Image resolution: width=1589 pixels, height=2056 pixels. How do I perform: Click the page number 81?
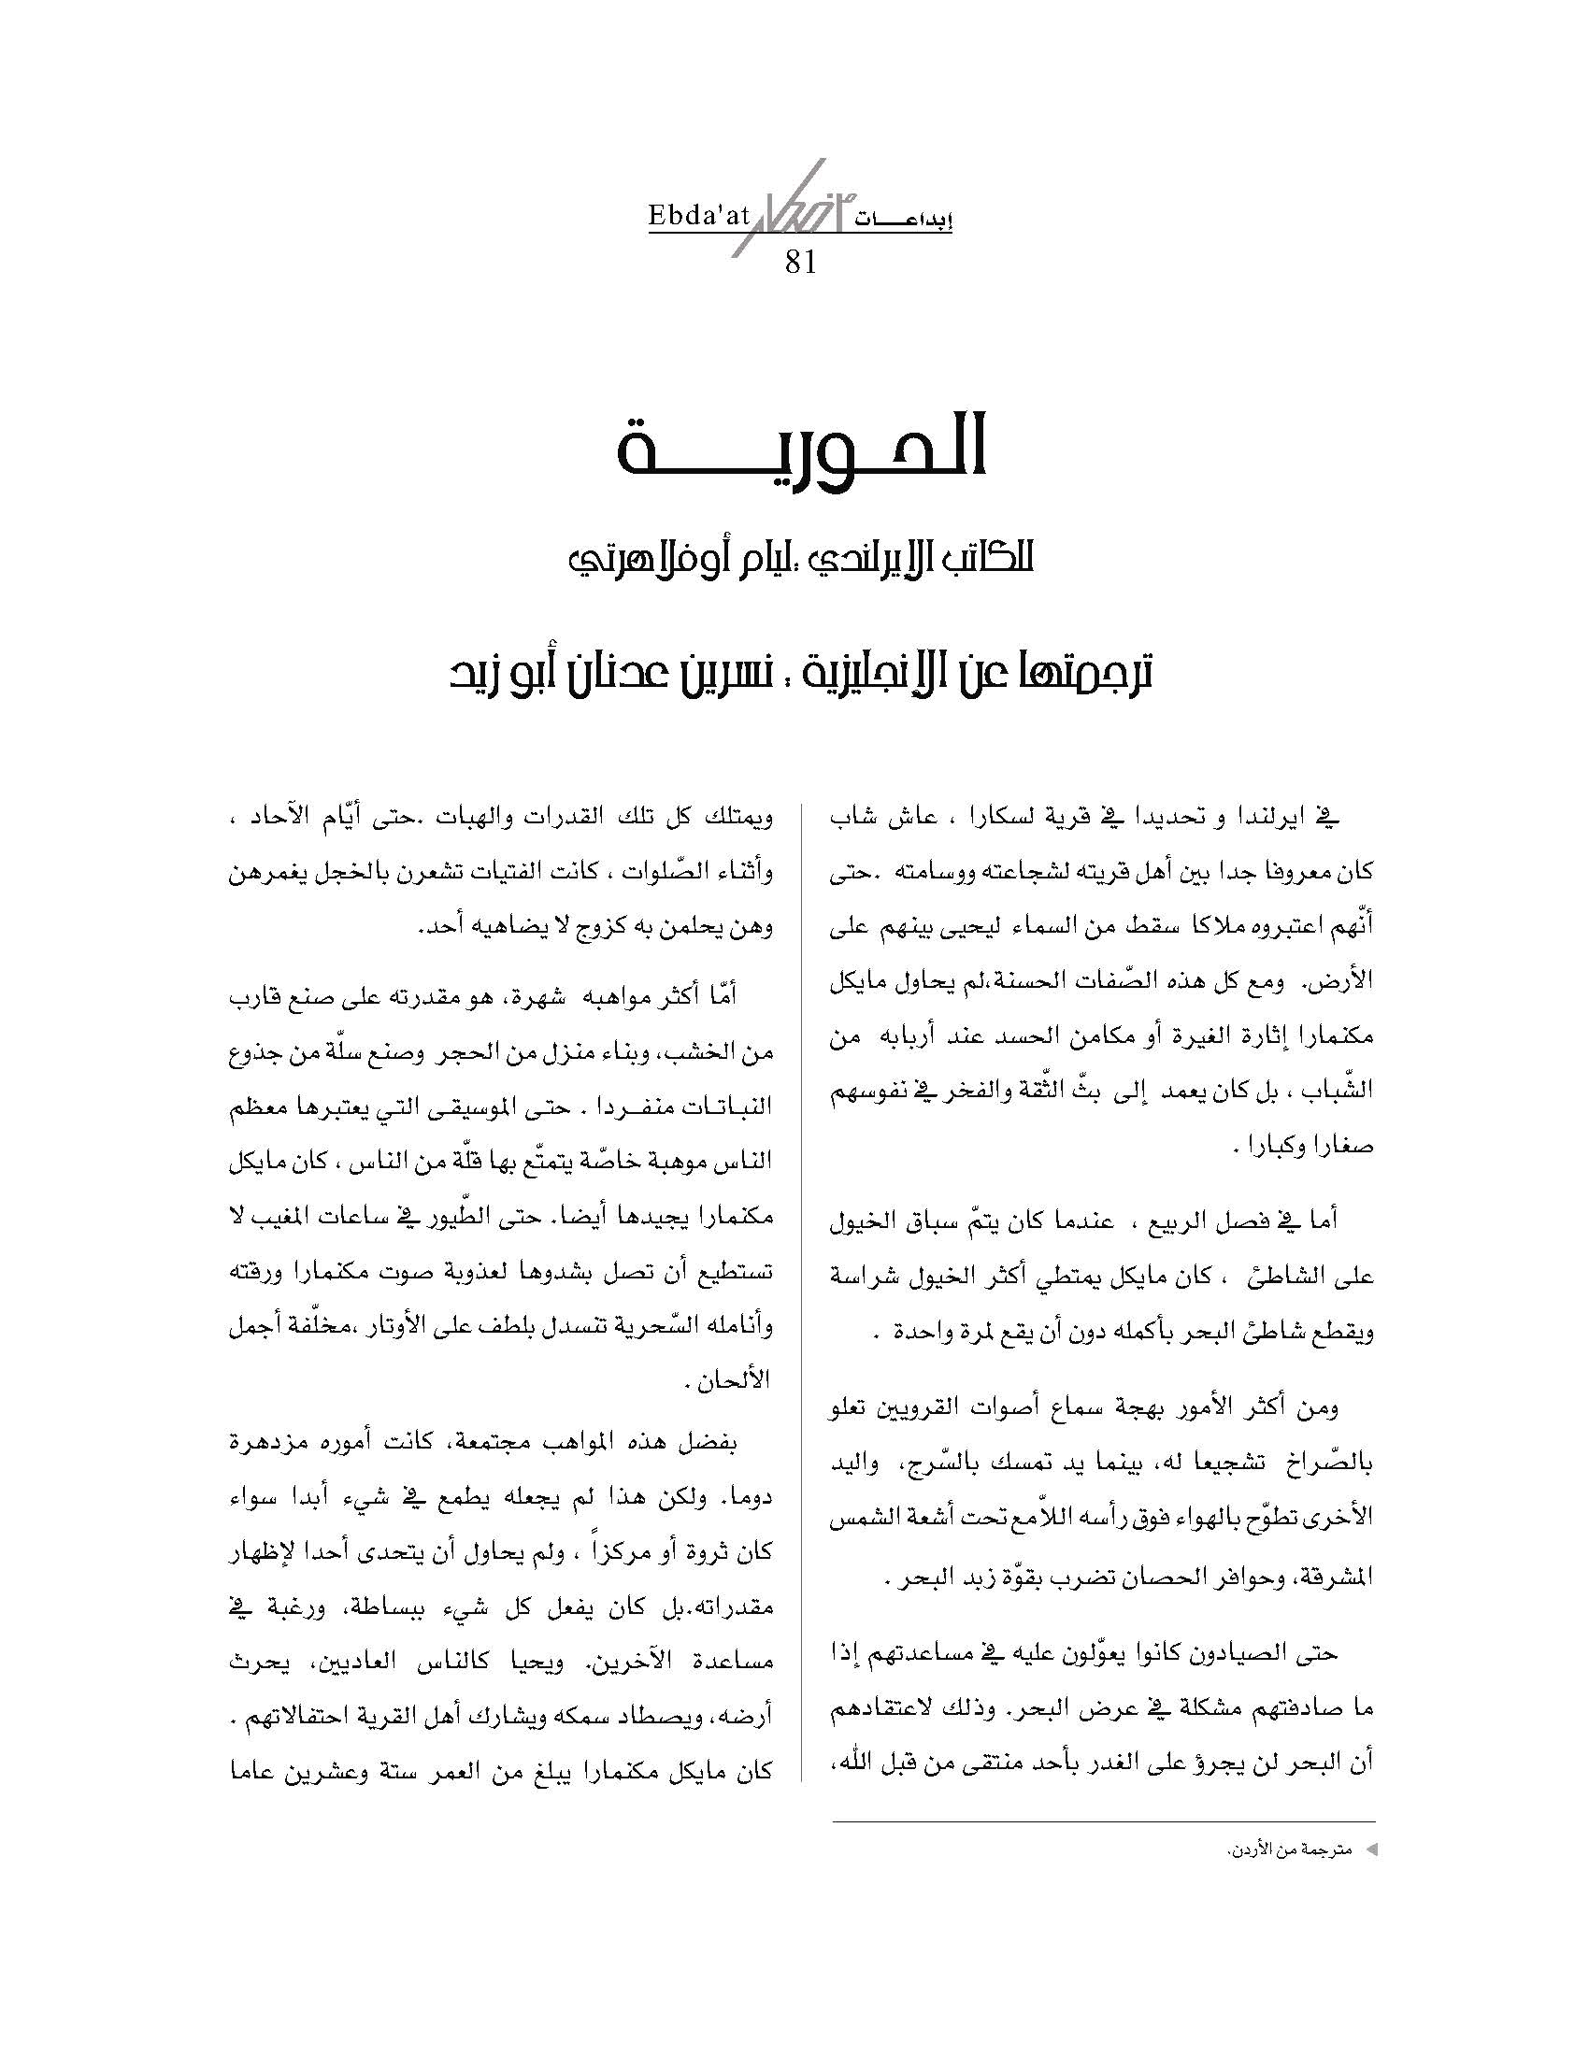(799, 261)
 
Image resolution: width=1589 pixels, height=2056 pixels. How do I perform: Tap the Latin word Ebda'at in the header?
(698, 217)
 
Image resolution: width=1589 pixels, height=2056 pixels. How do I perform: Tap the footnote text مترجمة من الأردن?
(1289, 1850)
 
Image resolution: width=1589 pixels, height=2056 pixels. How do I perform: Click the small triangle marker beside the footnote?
(1370, 1850)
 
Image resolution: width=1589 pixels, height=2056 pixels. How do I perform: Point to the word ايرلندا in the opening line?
(1268, 818)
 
